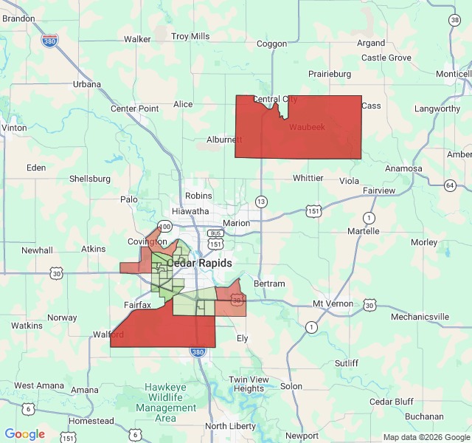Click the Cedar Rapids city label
click(x=199, y=263)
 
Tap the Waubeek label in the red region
click(x=306, y=127)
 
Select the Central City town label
click(x=275, y=99)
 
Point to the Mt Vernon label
click(x=333, y=303)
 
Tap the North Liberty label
click(x=230, y=426)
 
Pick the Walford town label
click(x=108, y=334)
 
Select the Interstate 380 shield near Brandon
click(x=50, y=41)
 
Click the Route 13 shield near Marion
click(x=261, y=201)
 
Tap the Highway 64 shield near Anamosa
click(x=450, y=185)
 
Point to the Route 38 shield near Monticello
click(x=453, y=20)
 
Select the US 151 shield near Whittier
click(x=314, y=211)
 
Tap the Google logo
click(x=24, y=434)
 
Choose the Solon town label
click(x=291, y=386)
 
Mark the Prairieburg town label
click(x=330, y=74)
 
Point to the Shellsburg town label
click(x=89, y=179)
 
